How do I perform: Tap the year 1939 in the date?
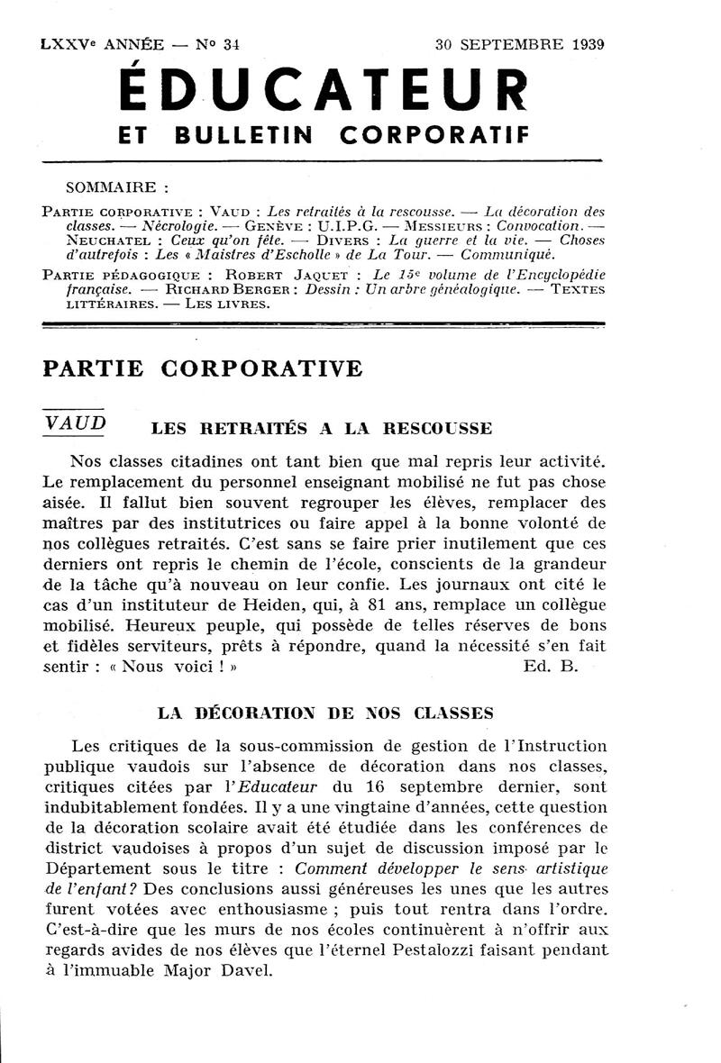(585, 42)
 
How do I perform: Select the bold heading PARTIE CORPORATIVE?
(203, 368)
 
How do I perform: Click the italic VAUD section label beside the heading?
(75, 422)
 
